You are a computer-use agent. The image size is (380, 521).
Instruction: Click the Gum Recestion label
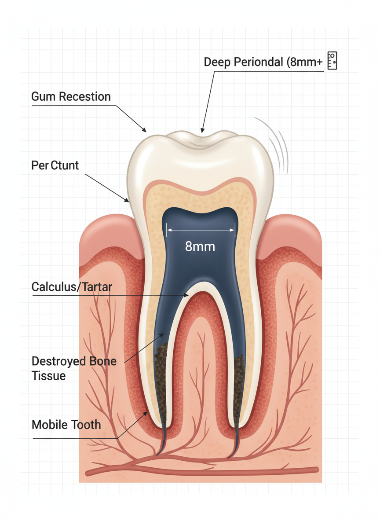point(71,96)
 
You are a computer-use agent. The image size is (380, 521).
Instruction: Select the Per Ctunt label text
point(55,165)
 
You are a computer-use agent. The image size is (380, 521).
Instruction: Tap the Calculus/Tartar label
point(72,287)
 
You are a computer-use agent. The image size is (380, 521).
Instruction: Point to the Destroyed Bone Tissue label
point(74,368)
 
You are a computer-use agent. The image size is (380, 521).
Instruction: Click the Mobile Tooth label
point(66,425)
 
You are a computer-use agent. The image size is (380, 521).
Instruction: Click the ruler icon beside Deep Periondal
point(332,61)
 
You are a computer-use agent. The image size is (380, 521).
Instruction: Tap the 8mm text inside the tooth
point(200,246)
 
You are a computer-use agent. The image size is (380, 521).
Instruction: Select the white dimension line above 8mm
point(201,229)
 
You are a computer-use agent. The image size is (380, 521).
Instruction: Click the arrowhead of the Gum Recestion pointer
point(145,130)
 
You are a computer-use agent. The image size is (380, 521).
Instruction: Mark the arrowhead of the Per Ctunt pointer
point(128,201)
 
